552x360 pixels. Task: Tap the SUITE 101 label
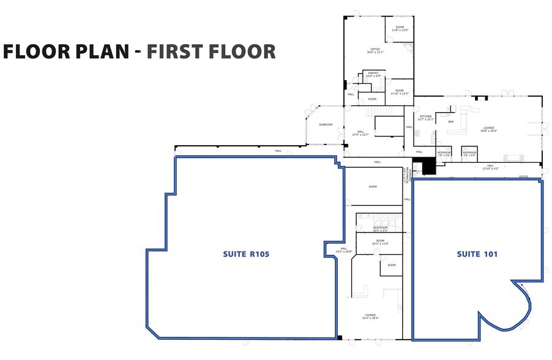[477, 253]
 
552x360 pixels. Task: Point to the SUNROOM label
[326, 125]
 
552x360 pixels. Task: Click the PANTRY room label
[373, 74]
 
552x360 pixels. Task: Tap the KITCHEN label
[425, 118]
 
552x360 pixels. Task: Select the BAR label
[451, 122]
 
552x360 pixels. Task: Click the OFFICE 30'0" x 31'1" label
[375, 51]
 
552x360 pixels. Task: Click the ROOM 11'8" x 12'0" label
[400, 28]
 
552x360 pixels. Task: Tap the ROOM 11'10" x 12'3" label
[399, 92]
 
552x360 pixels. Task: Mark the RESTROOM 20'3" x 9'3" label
[381, 229]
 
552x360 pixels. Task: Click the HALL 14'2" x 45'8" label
[344, 250]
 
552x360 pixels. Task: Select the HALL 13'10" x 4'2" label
[490, 167]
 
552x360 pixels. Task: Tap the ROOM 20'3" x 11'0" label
[381, 242]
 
